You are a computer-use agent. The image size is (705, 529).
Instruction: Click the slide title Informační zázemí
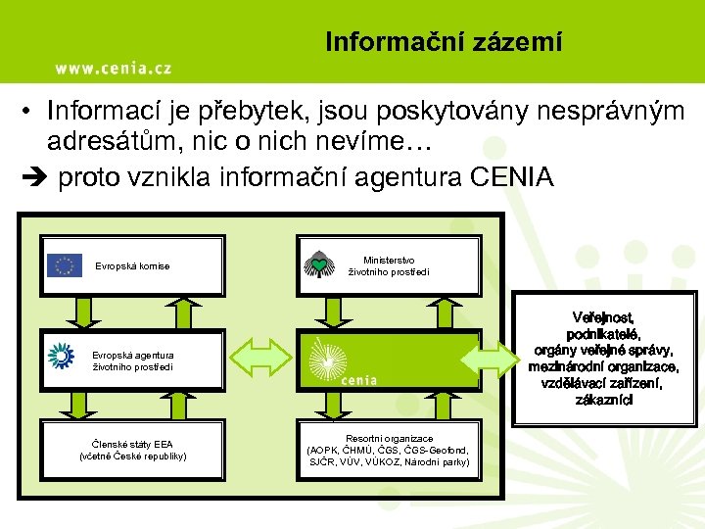coord(444,42)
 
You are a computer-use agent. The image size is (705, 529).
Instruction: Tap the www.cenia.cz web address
coord(113,68)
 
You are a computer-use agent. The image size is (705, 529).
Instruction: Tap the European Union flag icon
coord(65,264)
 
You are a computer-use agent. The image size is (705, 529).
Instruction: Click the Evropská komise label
coord(132,266)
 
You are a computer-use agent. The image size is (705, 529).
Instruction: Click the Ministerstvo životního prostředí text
coord(389,265)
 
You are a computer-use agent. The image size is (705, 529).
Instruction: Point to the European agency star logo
coord(61,357)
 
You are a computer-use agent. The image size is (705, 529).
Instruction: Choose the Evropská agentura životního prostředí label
coord(133,361)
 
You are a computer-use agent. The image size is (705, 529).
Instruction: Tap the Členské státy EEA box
coord(133,450)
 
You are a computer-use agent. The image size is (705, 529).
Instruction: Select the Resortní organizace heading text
coord(389,438)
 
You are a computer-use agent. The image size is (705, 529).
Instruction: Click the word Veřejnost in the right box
coord(603,317)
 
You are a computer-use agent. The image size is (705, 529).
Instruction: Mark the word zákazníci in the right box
coord(603,400)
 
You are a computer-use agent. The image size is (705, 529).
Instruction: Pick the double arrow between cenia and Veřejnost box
coord(489,359)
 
